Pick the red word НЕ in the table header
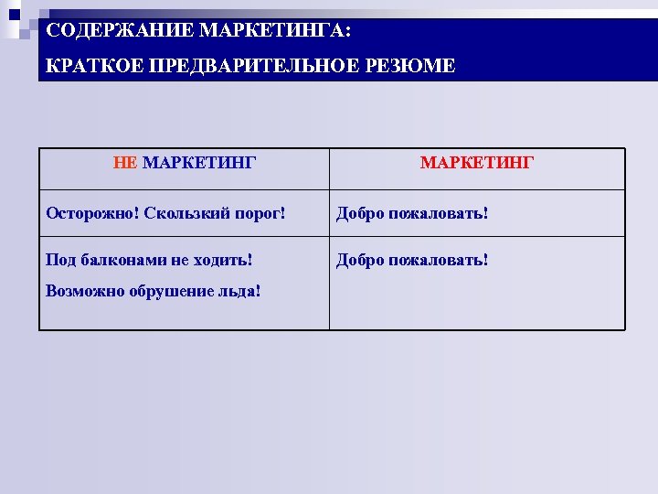point(125,163)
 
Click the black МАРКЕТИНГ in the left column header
point(199,163)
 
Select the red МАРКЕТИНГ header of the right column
point(477,163)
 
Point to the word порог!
point(260,213)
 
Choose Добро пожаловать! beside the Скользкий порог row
point(412,213)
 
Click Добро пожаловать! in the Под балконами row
point(412,260)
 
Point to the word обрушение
point(171,291)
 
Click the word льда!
point(239,291)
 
